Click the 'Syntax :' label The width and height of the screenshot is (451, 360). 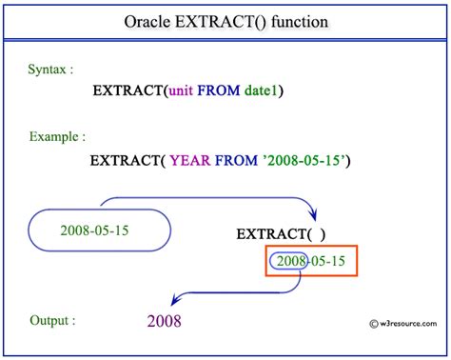coord(49,69)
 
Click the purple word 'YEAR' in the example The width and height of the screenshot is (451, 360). coord(191,161)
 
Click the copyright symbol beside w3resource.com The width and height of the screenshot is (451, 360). coord(358,337)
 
